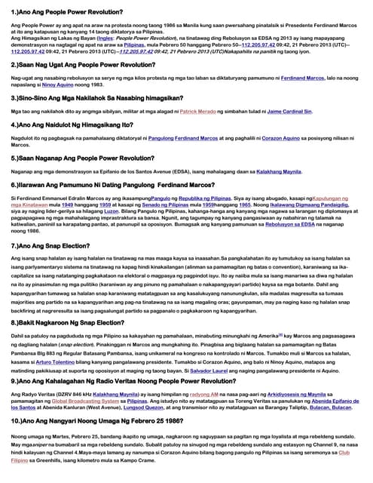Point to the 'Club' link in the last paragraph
344,453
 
